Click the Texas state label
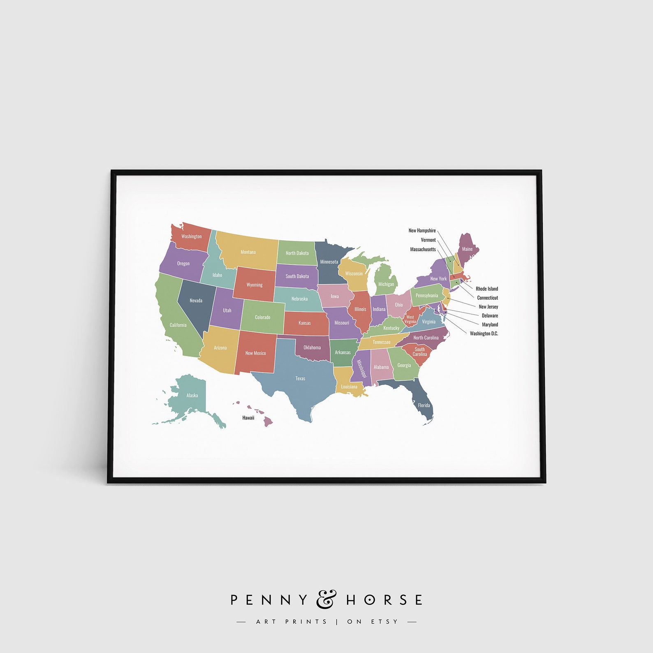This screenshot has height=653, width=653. click(x=300, y=378)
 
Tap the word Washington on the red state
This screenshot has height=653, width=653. click(x=192, y=236)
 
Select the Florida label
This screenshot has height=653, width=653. click(x=424, y=405)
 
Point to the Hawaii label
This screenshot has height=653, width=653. click(x=248, y=418)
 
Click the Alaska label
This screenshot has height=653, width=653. click(x=192, y=395)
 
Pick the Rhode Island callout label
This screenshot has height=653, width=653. click(x=486, y=289)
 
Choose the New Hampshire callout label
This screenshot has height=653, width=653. click(x=422, y=231)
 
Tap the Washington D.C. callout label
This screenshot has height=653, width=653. click(x=484, y=333)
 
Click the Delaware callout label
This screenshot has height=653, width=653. click(x=490, y=315)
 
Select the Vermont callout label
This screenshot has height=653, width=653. click(x=428, y=240)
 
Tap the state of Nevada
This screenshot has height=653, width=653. click(x=196, y=301)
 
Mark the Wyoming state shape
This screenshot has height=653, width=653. click(x=254, y=285)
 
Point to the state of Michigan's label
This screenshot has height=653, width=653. click(x=386, y=284)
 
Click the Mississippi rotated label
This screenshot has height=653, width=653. click(x=361, y=369)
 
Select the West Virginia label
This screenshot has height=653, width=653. click(x=410, y=319)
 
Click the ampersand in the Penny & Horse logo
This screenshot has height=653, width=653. click(x=326, y=599)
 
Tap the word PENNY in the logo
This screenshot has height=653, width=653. click(x=269, y=600)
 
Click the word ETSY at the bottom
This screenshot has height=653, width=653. click(x=385, y=621)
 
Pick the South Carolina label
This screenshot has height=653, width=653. click(x=420, y=352)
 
